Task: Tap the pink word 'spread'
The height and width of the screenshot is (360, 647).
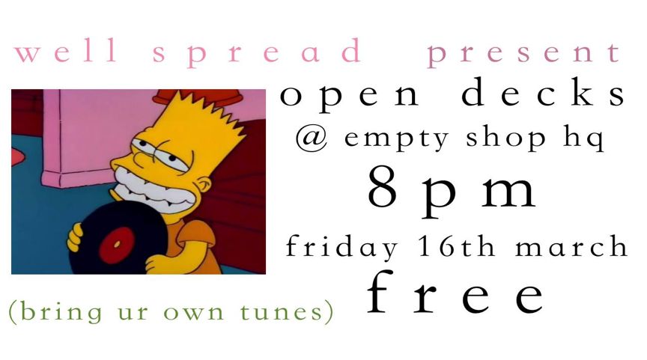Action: [x=257, y=53]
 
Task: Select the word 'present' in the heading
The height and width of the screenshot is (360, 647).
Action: [x=523, y=55]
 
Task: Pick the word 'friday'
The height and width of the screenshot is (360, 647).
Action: [x=341, y=247]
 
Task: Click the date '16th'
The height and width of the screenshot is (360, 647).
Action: [x=456, y=246]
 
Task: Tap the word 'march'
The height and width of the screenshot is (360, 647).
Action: [x=571, y=246]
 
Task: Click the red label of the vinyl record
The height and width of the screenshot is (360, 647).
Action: [x=117, y=245]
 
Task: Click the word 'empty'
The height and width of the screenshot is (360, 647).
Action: [x=397, y=139]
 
